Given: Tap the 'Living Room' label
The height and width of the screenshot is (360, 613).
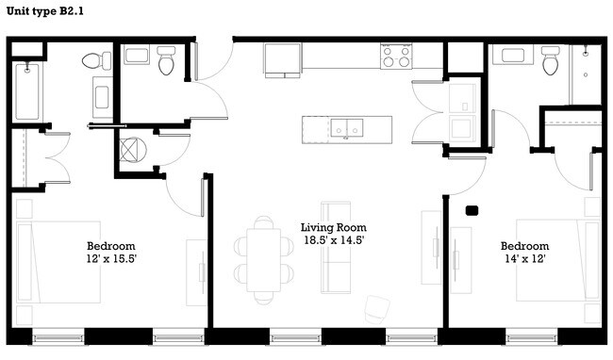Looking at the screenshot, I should tap(333, 227).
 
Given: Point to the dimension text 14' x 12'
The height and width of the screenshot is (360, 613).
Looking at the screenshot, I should tap(524, 257).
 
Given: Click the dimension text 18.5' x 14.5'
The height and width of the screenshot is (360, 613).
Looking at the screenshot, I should tap(333, 240).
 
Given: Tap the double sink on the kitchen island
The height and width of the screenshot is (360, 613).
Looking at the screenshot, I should tap(348, 127).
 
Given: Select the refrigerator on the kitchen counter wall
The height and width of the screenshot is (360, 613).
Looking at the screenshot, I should tap(281, 58).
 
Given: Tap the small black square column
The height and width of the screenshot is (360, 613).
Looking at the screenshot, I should tap(472, 211).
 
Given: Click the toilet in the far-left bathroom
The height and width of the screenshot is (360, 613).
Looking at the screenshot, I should tap(92, 62).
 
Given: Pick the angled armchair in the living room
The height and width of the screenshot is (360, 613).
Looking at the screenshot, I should tap(376, 309).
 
